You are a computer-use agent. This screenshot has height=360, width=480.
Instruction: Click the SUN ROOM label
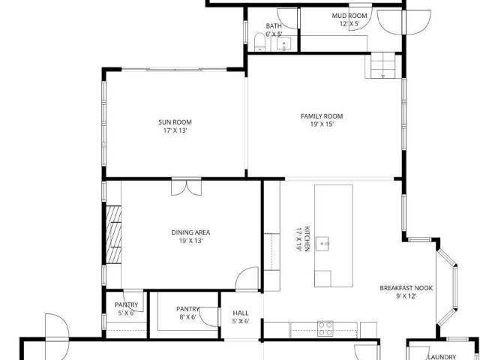tap(175, 122)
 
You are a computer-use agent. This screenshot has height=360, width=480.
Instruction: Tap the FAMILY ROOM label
tap(322, 116)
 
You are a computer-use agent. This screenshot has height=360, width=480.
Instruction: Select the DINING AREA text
tap(190, 232)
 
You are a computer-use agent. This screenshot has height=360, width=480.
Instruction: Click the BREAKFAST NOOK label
tap(406, 288)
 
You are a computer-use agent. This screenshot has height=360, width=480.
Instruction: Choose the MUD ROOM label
tap(349, 16)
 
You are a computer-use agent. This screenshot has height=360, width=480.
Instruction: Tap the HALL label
tap(241, 313)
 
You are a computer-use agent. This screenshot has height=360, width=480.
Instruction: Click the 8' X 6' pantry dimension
tap(187, 317)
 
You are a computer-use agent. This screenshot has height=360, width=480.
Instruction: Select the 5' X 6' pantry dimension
tap(126, 313)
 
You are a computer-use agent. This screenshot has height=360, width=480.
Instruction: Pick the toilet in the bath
tap(259, 42)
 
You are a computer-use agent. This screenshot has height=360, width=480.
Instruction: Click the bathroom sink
tap(284, 44)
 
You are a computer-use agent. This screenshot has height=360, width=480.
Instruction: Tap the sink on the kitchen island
tap(322, 244)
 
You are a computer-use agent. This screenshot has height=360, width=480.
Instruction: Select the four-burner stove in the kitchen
tap(325, 328)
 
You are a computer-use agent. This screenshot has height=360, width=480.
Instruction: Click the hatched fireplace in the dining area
tap(113, 235)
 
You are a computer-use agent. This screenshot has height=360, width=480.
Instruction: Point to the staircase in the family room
tap(383, 65)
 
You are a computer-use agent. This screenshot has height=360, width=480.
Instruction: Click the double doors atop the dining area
tap(187, 187)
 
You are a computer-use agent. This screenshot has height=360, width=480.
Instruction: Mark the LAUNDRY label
tap(442, 357)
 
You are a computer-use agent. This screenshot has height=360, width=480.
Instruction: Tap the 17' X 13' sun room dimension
tap(175, 130)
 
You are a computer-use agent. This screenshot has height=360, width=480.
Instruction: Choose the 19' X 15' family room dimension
tap(322, 124)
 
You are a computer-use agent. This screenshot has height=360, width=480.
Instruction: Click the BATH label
tap(274, 26)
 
